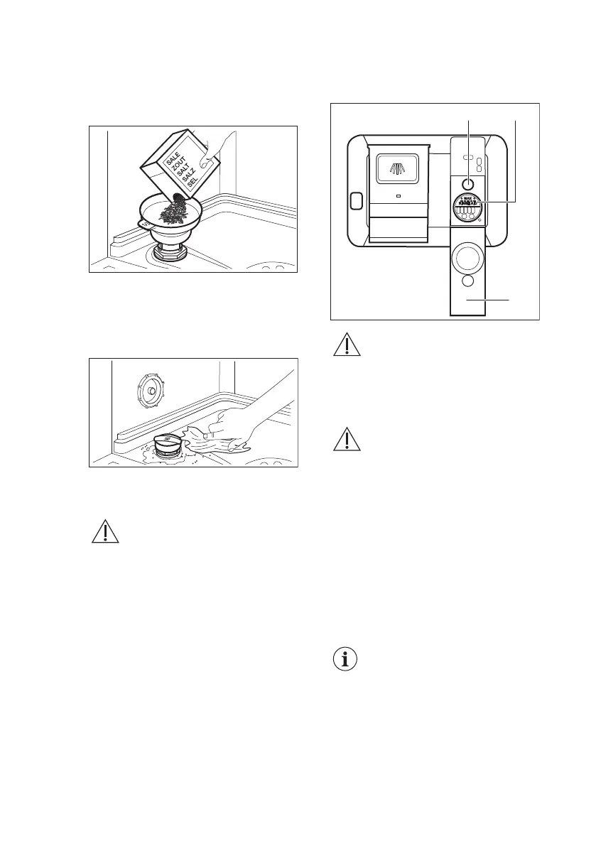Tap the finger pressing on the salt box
coord(217,149)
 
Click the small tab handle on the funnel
coord(144,223)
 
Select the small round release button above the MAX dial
coord(467,184)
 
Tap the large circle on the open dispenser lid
coord(467,257)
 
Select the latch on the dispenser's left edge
coord(355,201)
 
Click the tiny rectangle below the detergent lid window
coord(398,197)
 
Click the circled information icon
coord(345,659)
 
